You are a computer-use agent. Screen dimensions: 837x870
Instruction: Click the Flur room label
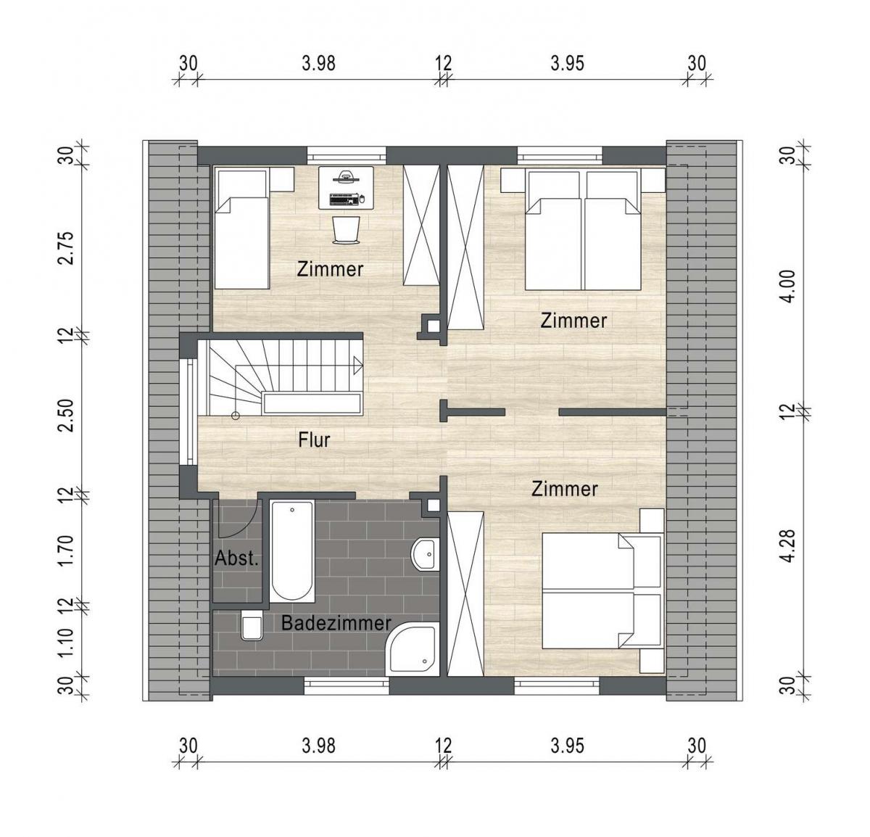tap(314, 440)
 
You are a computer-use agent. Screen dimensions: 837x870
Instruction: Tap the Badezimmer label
tap(336, 623)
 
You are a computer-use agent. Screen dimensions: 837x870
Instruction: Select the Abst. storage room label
tap(236, 559)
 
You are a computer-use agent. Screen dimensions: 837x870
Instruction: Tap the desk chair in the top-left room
tap(346, 229)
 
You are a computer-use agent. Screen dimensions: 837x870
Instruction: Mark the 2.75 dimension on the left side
tap(68, 250)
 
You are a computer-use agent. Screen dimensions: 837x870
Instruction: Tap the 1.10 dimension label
tap(68, 642)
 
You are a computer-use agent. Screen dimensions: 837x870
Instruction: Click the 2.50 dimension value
tap(68, 415)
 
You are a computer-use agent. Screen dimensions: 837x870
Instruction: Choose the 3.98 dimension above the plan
tap(319, 63)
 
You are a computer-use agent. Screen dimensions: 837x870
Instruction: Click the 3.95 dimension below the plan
tap(567, 745)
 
